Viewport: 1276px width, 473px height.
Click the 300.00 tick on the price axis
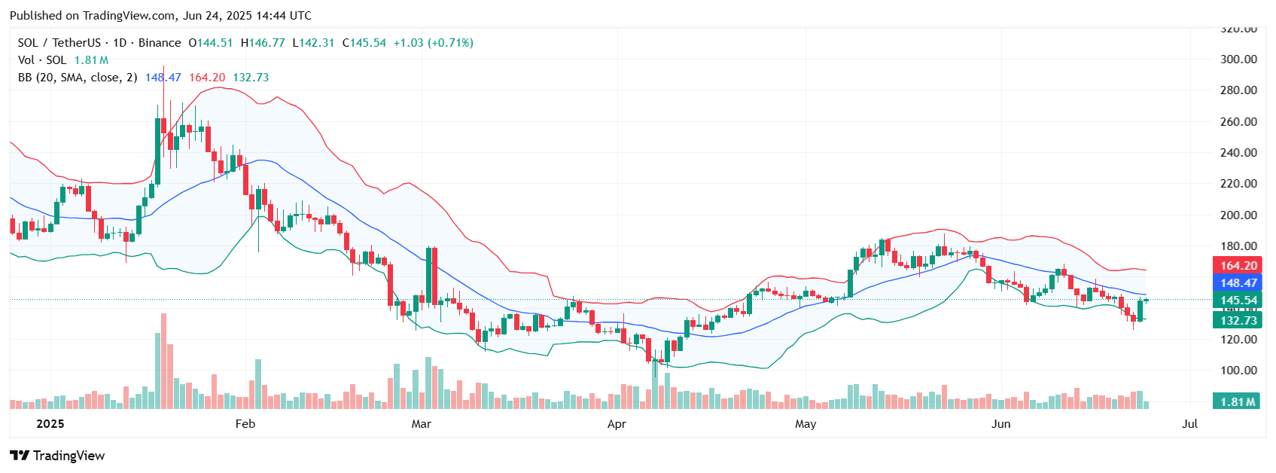[1238, 59]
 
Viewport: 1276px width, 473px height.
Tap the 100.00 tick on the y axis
[1238, 370]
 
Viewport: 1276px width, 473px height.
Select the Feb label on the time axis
[245, 423]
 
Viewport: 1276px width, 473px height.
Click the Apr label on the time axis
[617, 423]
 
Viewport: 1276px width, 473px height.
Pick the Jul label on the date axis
[1189, 423]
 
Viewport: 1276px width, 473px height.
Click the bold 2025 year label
[50, 423]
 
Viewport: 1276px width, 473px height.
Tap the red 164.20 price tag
[1238, 265]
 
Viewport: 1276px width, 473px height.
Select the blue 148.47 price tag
[1238, 282]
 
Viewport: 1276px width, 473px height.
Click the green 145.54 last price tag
[1238, 300]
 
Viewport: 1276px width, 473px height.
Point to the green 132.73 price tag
[1238, 320]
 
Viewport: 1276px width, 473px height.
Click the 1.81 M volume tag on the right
[1238, 401]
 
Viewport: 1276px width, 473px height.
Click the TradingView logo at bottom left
[57, 455]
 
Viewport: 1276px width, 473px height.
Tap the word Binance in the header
[160, 43]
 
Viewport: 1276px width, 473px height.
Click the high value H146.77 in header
[263, 43]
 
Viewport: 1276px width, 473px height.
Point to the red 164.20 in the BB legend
[207, 78]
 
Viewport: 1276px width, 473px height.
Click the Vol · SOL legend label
[42, 60]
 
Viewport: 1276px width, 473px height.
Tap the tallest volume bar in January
[163, 362]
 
